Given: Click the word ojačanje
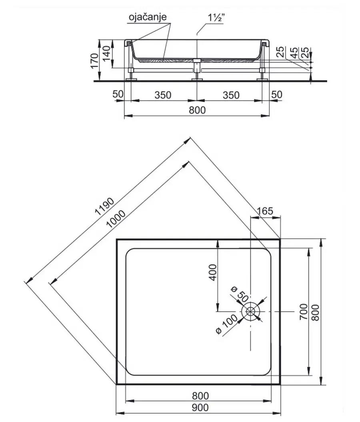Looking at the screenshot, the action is pyautogui.click(x=148, y=17).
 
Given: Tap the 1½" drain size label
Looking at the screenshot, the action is pyautogui.click(x=216, y=18).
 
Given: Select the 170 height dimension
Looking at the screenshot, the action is pyautogui.click(x=94, y=61).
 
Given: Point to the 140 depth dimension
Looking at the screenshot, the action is pyautogui.click(x=106, y=53).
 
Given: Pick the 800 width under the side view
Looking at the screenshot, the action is pyautogui.click(x=197, y=110).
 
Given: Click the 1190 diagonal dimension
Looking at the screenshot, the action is pyautogui.click(x=105, y=207).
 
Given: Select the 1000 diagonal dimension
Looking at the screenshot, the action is pyautogui.click(x=116, y=219).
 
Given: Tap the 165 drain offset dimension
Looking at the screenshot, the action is pyautogui.click(x=265, y=211).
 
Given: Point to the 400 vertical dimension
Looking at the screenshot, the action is pyautogui.click(x=213, y=273).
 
